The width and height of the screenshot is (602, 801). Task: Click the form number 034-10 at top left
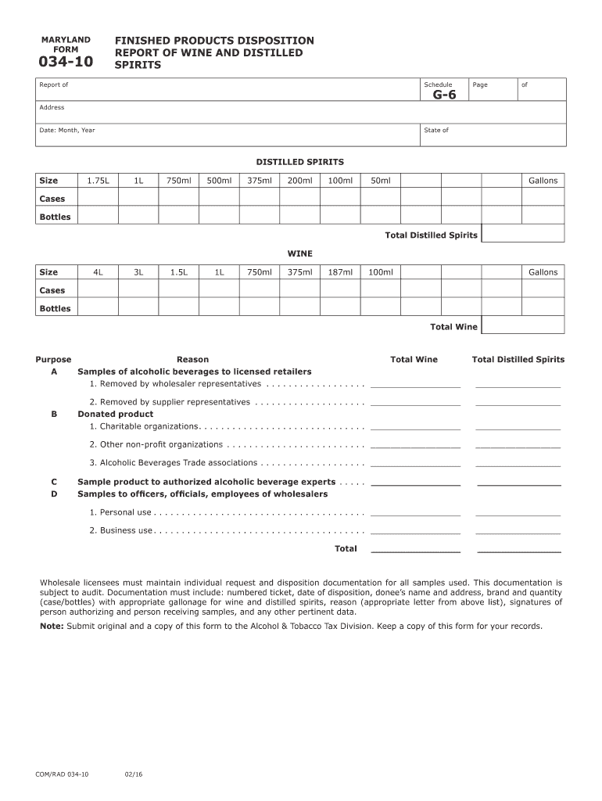tap(66, 63)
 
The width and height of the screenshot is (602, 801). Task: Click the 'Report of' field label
tap(54, 84)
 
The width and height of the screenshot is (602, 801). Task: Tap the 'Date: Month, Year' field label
tap(67, 130)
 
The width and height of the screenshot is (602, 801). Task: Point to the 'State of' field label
tap(436, 130)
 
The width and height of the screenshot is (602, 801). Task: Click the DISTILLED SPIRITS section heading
tap(300, 162)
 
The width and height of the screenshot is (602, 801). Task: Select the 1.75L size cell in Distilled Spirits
tap(98, 181)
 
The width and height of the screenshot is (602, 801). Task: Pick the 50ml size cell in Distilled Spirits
tap(381, 181)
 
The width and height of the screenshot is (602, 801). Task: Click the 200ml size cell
tap(299, 181)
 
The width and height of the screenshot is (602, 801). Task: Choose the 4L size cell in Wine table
tap(98, 272)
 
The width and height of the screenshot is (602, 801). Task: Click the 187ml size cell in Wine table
tap(340, 272)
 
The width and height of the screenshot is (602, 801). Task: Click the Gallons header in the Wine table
tap(543, 272)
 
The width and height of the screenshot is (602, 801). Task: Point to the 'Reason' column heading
tap(192, 360)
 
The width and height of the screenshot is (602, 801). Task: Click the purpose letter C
tap(54, 482)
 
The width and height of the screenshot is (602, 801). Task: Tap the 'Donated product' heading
tap(115, 414)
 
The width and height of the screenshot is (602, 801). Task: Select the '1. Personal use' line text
tap(120, 512)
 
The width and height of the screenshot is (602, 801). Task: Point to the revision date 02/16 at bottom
tap(133, 774)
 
